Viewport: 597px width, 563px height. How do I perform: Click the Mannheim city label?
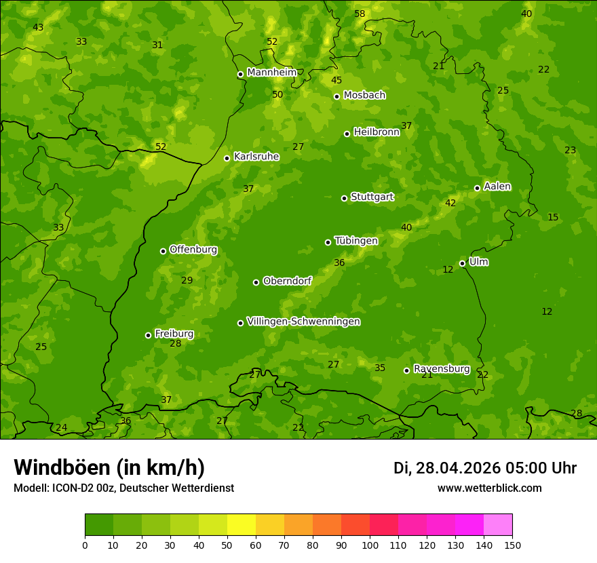[x=271, y=73]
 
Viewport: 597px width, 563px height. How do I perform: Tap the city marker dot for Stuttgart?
[x=344, y=198]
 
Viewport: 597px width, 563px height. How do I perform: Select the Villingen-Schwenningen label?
[x=303, y=322]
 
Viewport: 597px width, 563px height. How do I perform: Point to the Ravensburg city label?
[x=441, y=369]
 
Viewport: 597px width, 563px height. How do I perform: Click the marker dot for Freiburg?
[x=148, y=335]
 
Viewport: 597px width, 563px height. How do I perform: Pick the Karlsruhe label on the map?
[x=256, y=157]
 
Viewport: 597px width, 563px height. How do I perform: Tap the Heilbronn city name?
[x=376, y=132]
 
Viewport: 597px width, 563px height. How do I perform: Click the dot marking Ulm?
[x=462, y=263]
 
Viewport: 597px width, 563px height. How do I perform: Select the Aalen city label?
[x=497, y=187]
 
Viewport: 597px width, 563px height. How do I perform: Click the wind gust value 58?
[x=360, y=14]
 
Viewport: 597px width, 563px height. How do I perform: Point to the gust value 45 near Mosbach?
[x=336, y=80]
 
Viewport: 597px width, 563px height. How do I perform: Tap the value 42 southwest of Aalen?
[x=450, y=203]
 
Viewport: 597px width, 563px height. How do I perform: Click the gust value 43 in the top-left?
[x=38, y=27]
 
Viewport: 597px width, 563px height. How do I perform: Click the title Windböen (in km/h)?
[x=109, y=467]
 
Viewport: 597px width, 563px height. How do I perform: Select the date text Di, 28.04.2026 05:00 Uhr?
[x=484, y=468]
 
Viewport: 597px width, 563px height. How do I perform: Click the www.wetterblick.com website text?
[x=489, y=488]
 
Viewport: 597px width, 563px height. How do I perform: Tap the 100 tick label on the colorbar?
[x=370, y=545]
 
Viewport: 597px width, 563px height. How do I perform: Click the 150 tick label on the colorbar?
[x=512, y=545]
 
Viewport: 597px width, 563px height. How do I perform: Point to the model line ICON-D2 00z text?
[x=123, y=488]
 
